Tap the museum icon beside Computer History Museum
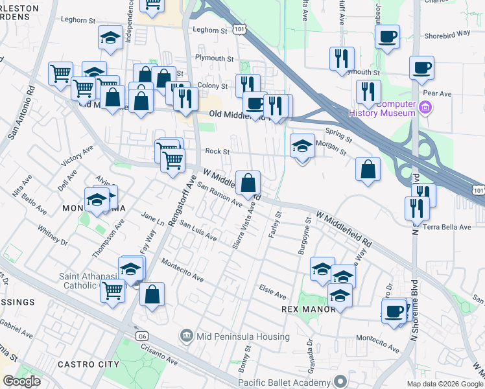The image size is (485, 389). (426, 106)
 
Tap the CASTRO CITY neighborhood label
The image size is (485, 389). (88, 364)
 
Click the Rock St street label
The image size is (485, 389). (217, 151)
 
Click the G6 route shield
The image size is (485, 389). (142, 336)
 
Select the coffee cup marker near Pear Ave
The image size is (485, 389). (421, 68)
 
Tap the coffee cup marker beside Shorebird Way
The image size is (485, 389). (387, 36)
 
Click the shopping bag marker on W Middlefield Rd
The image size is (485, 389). (248, 183)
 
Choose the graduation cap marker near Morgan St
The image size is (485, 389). (302, 147)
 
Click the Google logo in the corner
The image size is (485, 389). (21, 381)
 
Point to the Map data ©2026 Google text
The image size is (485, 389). (445, 384)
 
